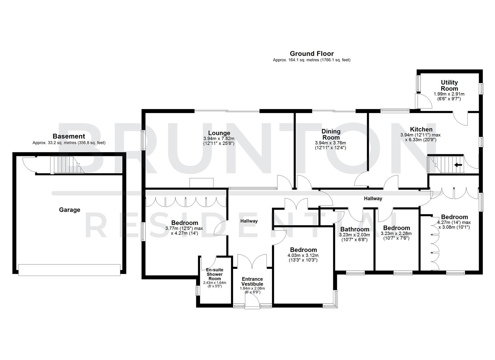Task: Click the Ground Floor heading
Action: (x=311, y=54)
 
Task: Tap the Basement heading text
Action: (x=69, y=136)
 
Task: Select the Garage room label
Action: (x=70, y=210)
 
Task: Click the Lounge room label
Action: (x=219, y=133)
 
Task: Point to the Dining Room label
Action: (x=331, y=134)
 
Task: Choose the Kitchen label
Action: (x=421, y=129)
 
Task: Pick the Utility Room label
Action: (x=449, y=85)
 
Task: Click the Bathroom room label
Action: (x=354, y=229)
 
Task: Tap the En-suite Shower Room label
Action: (x=214, y=274)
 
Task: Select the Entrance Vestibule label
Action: (x=252, y=282)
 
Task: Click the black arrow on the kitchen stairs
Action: (x=458, y=164)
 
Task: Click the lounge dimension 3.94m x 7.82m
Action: (x=219, y=139)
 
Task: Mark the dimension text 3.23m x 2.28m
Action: (x=396, y=234)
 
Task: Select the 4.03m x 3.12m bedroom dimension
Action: (x=303, y=255)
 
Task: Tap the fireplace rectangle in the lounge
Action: (x=201, y=183)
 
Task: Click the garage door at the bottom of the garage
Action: (x=69, y=270)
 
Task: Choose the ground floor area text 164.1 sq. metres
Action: (x=311, y=60)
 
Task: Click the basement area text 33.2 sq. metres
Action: (x=69, y=143)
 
